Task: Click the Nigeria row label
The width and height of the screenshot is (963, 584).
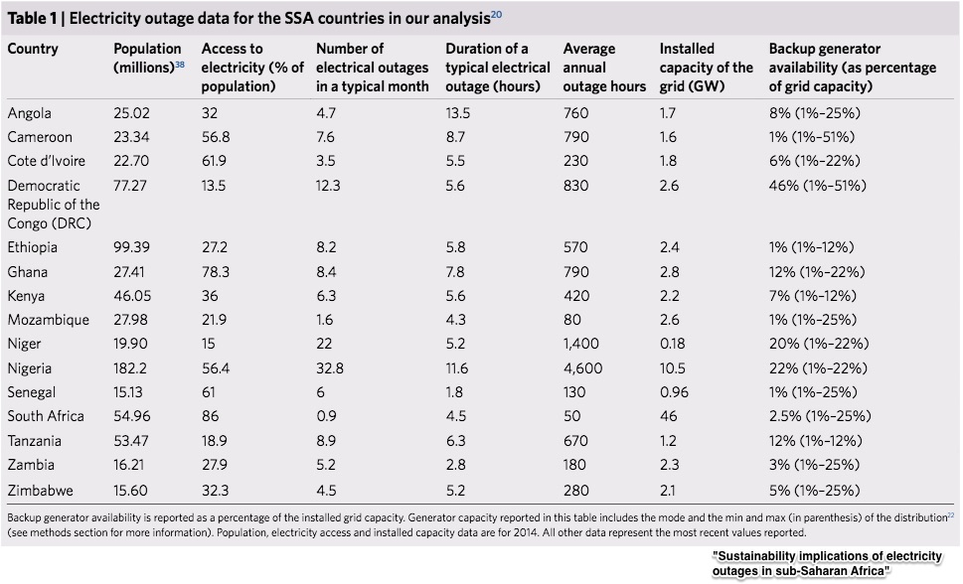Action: tap(30, 367)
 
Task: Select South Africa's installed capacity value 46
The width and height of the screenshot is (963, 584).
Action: tap(669, 416)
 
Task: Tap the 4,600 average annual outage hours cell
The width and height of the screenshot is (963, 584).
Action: tap(582, 367)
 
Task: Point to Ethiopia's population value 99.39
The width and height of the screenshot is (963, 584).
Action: tap(133, 247)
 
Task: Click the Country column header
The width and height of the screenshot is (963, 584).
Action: tap(33, 49)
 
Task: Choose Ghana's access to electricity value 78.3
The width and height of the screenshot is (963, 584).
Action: tap(217, 271)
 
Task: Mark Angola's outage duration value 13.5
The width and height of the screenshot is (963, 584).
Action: tap(458, 113)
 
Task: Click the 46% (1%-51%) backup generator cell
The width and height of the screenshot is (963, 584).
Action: tap(818, 185)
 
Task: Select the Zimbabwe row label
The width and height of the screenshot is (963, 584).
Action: tap(40, 489)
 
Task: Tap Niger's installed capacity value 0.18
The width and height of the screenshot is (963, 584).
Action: tap(673, 344)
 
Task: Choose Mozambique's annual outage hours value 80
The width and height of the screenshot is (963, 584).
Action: tap(571, 320)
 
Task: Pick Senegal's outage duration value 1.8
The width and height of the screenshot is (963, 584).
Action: tap(454, 392)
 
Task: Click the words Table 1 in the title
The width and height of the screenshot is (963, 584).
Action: tap(34, 17)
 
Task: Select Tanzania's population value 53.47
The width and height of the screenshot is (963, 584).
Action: tap(133, 440)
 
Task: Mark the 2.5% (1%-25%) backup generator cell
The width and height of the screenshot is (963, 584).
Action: tap(821, 416)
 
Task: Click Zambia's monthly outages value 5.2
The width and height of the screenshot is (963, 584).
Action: tap(327, 465)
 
